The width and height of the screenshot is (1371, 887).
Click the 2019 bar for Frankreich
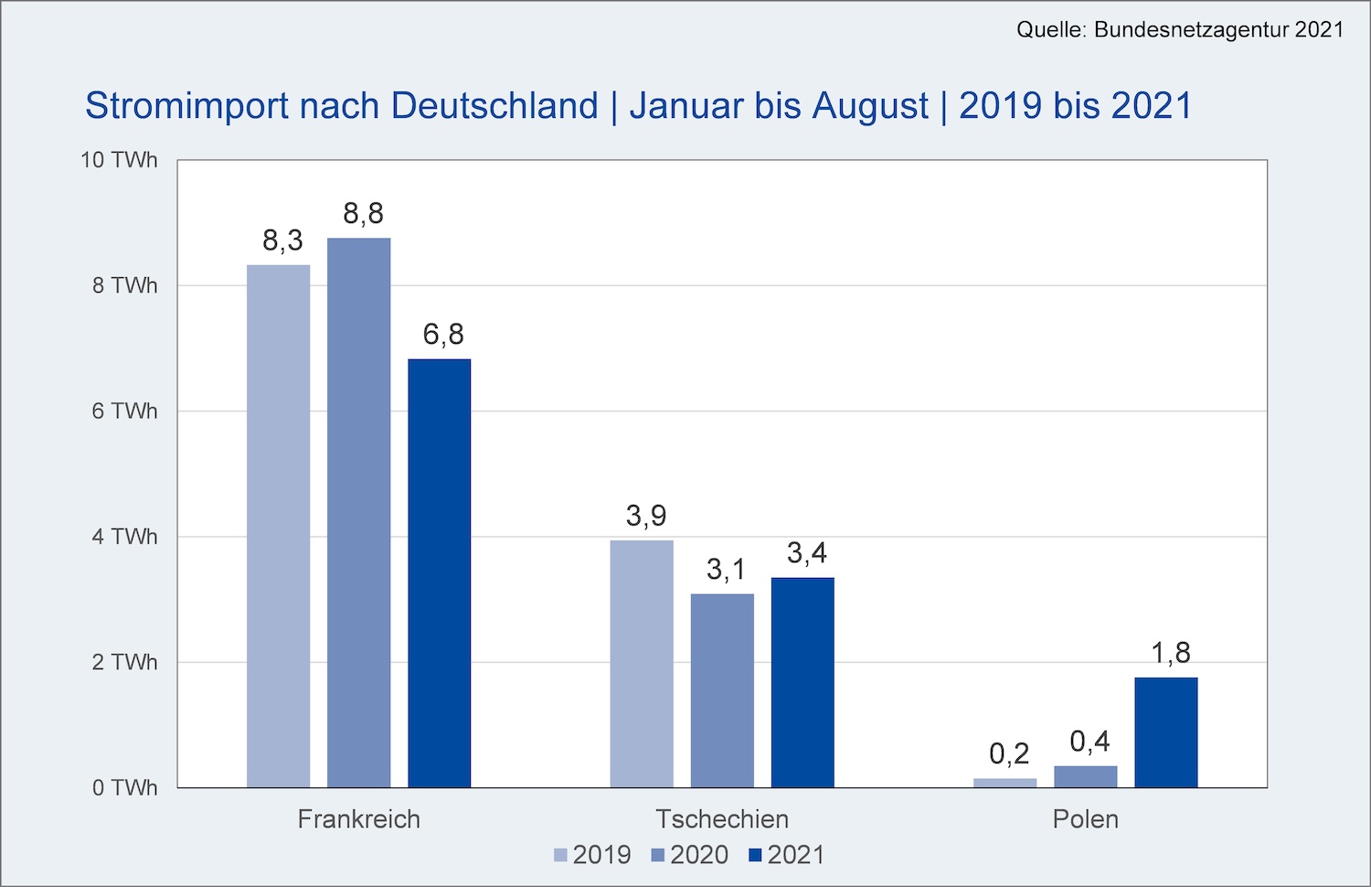click(x=278, y=526)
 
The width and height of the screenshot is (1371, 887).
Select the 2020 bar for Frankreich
click(x=358, y=512)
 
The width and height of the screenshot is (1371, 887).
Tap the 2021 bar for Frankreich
click(x=439, y=573)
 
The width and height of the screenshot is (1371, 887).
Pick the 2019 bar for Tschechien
click(x=642, y=664)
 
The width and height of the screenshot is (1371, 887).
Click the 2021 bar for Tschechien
click(x=802, y=682)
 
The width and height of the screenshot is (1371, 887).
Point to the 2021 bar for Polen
click(x=1166, y=732)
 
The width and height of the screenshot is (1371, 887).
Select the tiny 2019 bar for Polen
click(x=1005, y=783)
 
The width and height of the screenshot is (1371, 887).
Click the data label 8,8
click(x=363, y=214)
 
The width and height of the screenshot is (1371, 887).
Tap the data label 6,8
click(x=443, y=335)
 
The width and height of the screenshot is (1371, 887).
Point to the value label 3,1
click(x=727, y=571)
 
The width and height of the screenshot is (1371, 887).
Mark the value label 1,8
click(x=1171, y=653)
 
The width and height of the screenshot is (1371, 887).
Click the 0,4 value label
click(x=1089, y=742)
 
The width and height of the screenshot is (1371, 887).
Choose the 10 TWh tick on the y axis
click(x=119, y=160)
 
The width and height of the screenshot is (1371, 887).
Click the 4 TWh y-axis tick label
click(x=124, y=537)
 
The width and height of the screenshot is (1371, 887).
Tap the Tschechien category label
click(x=722, y=818)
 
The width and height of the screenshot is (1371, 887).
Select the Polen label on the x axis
click(x=1085, y=818)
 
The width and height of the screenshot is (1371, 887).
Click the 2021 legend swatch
click(x=755, y=856)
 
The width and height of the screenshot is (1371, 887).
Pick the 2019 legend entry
click(x=592, y=855)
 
